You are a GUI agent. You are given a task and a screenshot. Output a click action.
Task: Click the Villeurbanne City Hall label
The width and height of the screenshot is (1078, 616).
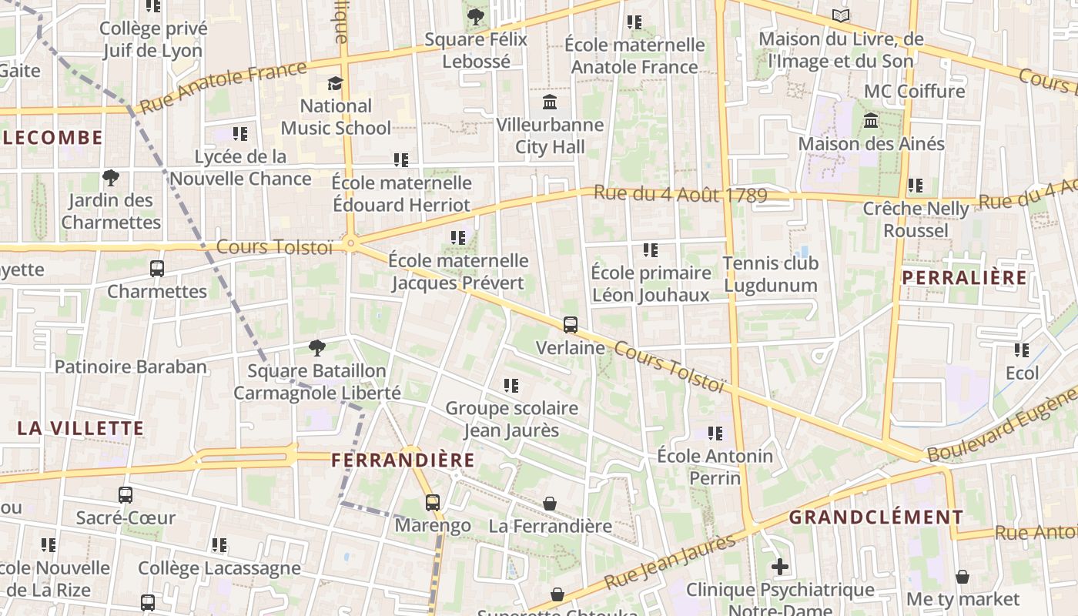pos(550,136)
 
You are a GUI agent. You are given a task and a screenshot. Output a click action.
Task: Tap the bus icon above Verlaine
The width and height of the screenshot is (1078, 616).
pos(570,325)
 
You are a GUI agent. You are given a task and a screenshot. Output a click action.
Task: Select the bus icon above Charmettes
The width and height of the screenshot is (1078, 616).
pos(157,269)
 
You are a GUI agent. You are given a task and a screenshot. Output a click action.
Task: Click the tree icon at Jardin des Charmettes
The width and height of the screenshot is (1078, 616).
pos(111,178)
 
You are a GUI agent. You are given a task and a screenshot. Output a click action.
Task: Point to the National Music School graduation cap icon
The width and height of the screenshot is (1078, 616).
pos(335,83)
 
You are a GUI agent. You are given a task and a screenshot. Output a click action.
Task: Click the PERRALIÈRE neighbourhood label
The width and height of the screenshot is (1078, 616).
pos(964,277)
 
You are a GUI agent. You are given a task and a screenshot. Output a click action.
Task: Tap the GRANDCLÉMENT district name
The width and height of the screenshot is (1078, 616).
pos(875,517)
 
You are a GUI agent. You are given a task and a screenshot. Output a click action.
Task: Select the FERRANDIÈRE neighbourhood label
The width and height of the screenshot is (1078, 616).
pos(403,460)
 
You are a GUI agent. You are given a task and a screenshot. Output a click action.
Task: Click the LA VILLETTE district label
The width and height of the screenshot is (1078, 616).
pos(81,429)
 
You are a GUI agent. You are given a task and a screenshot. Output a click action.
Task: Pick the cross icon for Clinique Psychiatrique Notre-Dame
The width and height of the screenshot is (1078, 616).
pos(780,567)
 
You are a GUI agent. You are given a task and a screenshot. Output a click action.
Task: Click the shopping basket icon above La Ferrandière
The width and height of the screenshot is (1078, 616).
pos(550,504)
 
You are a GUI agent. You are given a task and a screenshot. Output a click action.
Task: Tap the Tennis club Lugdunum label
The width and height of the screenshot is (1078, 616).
pos(770,274)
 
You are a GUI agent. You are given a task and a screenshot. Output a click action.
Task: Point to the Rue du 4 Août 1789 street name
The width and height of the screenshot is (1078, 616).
pos(681,194)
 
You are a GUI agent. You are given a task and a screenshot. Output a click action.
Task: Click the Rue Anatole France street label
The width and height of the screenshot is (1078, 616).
pos(223,86)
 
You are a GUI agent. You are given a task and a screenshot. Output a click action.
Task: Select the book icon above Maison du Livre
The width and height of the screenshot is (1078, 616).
pos(841,15)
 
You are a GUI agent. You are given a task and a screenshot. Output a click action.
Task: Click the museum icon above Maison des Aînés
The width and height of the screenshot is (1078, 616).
pos(871,121)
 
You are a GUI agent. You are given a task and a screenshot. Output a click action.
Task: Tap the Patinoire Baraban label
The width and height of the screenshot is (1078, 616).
pos(131,367)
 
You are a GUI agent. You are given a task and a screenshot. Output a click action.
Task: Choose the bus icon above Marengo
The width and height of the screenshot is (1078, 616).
pos(433,503)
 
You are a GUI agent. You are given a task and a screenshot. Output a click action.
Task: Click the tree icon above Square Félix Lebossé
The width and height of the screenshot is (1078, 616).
pos(476,16)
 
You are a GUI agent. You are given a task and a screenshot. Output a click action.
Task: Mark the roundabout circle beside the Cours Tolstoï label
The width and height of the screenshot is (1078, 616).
pos(351,244)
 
